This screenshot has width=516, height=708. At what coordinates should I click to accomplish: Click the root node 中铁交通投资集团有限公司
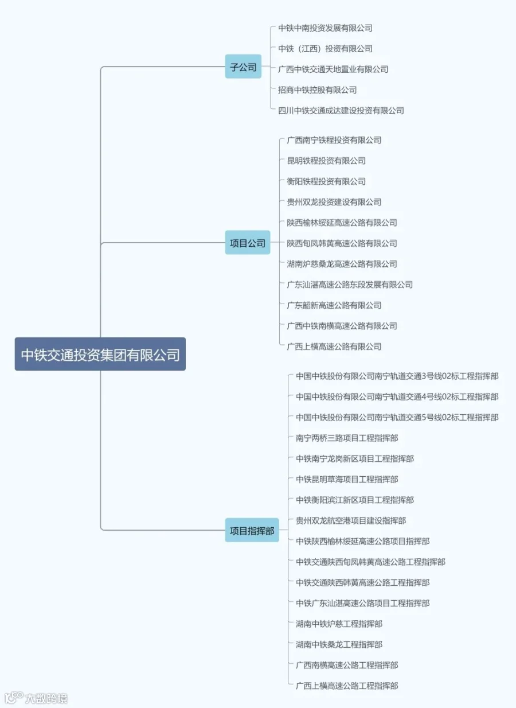pyautogui.click(x=100, y=354)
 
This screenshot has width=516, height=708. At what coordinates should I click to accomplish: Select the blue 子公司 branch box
pyautogui.click(x=243, y=67)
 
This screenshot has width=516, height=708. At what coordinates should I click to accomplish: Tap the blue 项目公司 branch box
pyautogui.click(x=247, y=243)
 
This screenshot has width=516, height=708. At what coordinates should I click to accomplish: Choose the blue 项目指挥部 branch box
pyautogui.click(x=252, y=530)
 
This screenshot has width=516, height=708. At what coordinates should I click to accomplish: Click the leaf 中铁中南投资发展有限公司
pyautogui.click(x=325, y=28)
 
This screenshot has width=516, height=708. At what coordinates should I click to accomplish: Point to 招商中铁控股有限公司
pyautogui.click(x=317, y=90)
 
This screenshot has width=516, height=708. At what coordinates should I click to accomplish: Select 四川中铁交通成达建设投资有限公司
pyautogui.click(x=341, y=110)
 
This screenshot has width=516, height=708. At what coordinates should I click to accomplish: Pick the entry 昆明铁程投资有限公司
pyautogui.click(x=326, y=161)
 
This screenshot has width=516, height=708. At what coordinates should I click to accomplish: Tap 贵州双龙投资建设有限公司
pyautogui.click(x=334, y=202)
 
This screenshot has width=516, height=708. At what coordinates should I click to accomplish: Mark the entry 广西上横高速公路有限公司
pyautogui.click(x=334, y=347)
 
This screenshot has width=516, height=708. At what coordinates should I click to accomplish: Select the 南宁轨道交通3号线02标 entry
pyautogui.click(x=397, y=376)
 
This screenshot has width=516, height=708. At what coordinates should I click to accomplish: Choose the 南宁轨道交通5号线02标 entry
pyautogui.click(x=397, y=418)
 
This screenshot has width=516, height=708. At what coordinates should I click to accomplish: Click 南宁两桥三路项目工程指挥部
pyautogui.click(x=347, y=438)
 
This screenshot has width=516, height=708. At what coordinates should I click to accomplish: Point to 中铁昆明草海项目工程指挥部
pyautogui.click(x=347, y=480)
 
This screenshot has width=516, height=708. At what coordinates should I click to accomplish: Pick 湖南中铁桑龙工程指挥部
pyautogui.click(x=339, y=645)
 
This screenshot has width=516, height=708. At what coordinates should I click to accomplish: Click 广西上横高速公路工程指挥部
pyautogui.click(x=347, y=686)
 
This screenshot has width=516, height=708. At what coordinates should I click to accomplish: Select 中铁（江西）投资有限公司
pyautogui.click(x=325, y=48)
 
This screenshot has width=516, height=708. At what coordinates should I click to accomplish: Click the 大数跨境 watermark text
pyautogui.click(x=46, y=698)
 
